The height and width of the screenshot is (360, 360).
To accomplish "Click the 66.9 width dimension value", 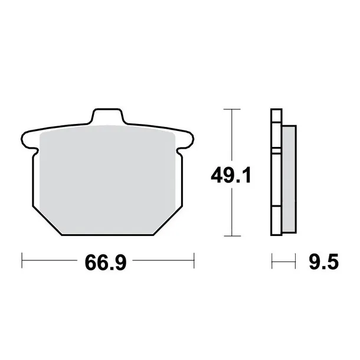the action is point(106,263).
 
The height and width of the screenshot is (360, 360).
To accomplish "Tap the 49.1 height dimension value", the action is point(231,176).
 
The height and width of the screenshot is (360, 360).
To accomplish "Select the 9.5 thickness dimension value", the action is point(324,262).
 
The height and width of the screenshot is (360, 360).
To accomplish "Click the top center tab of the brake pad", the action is point(107,116).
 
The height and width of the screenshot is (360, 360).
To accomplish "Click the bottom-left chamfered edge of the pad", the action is point(47,221).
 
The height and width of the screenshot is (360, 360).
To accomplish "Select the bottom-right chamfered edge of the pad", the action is point(168,221).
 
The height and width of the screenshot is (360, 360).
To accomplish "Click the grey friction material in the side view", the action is point(289,179).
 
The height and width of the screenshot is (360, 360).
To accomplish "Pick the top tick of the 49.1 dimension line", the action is point(232,109).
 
